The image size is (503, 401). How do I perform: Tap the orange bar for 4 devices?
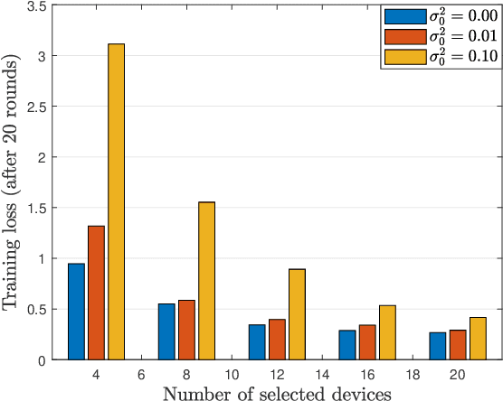point(96,293)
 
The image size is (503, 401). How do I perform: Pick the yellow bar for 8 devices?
point(206,281)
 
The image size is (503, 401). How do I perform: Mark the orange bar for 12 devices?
point(277,340)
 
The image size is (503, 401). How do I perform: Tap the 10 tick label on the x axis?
point(232,374)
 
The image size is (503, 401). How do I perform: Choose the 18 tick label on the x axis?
point(413,374)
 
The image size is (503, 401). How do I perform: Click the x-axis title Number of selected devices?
point(277,392)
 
